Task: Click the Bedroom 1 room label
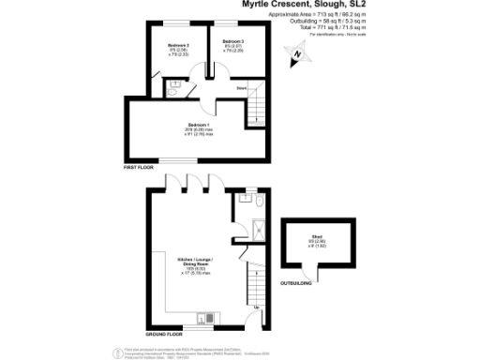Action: (x=196, y=124)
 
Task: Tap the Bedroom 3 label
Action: (x=233, y=42)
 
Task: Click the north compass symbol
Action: (x=298, y=56)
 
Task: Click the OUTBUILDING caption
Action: (x=296, y=282)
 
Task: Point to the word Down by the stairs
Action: (x=241, y=88)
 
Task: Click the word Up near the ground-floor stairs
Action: (x=257, y=307)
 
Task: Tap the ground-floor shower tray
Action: (x=260, y=225)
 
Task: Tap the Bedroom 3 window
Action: (x=233, y=23)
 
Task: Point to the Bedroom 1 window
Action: (x=196, y=161)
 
